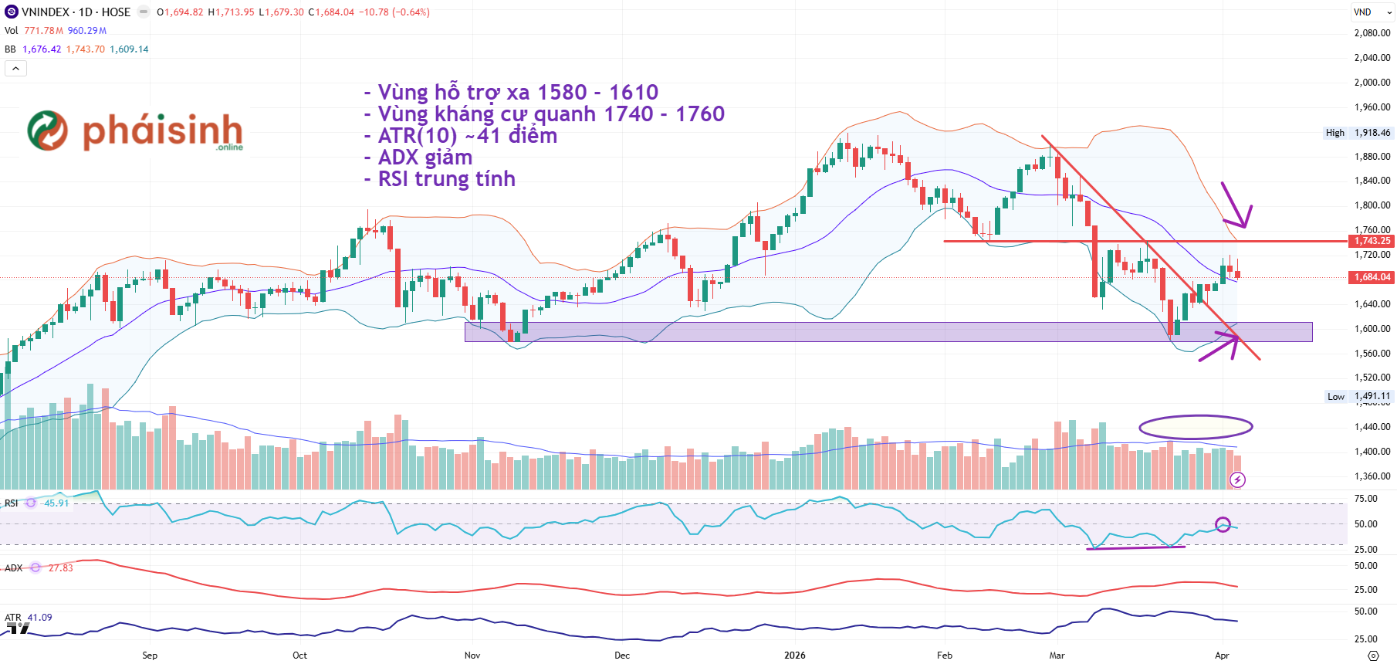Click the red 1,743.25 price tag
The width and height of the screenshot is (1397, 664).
tap(1372, 241)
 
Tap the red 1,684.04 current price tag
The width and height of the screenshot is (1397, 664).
tap(1372, 277)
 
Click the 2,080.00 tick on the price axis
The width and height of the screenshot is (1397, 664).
tap(1372, 33)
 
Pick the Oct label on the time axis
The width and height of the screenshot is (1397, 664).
tap(299, 656)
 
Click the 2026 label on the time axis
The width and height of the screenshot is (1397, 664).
tap(794, 656)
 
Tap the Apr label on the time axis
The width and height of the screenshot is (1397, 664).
tap(1222, 656)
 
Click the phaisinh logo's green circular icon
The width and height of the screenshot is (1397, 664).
tap(48, 130)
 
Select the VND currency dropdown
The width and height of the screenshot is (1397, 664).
tap(1372, 12)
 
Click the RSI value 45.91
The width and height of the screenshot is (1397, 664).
tap(56, 503)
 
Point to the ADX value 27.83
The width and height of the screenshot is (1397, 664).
tap(61, 568)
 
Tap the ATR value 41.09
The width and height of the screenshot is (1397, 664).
tap(40, 618)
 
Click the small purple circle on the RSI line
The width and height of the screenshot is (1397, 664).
tap(1223, 525)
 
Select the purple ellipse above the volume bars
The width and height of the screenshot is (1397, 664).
tap(1196, 427)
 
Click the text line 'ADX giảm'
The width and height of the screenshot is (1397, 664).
tap(425, 158)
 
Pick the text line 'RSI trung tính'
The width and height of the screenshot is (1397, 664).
tap(446, 179)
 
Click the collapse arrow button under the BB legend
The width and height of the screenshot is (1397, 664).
tap(15, 69)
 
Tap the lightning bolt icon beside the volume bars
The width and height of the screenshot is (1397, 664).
tap(1237, 480)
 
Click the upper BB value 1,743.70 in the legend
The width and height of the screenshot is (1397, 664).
tap(86, 49)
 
